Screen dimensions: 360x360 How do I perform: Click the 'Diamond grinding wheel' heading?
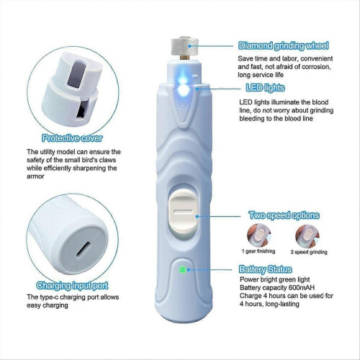coord(283,45)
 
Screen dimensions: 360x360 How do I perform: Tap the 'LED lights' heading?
coord(265,88)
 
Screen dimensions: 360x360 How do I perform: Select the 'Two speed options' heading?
coord(284,215)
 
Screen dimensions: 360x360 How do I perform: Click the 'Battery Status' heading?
coord(265,269)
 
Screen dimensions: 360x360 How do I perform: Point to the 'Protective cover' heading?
coord(72,138)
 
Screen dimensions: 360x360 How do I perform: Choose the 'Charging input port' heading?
coord(72,285)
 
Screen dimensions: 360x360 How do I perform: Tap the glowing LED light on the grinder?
coord(183,89)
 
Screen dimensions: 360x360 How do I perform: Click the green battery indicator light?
coord(182,269)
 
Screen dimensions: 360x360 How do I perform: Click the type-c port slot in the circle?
coord(84,249)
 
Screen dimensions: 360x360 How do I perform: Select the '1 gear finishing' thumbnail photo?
coord(259,235)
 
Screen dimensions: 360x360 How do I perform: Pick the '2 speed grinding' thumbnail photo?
coord(307,235)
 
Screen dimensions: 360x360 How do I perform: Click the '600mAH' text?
coord(302,287)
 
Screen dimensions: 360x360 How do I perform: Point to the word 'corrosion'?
coord(316,67)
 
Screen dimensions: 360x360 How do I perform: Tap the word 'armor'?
coord(35,176)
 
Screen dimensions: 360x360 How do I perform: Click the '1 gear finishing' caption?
coord(258,251)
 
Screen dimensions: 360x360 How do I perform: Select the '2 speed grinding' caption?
coord(309,252)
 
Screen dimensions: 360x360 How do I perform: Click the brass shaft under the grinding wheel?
coord(184,58)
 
